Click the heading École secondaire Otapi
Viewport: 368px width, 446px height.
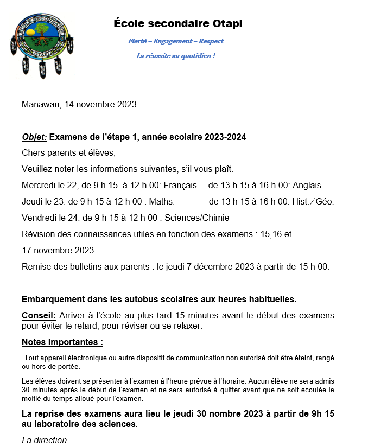[178, 23]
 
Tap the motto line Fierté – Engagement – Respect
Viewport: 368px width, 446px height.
[175, 41]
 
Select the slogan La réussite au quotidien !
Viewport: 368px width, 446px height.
[175, 55]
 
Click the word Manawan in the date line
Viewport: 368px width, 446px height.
[40, 104]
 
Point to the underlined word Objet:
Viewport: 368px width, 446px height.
[34, 137]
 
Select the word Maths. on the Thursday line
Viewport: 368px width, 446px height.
[161, 202]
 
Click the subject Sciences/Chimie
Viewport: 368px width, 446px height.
[196, 218]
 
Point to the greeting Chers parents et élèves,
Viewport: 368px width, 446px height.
[69, 152]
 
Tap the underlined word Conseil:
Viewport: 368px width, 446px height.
[39, 315]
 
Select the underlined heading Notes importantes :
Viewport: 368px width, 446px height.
[62, 342]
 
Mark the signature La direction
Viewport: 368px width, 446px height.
[44, 440]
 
